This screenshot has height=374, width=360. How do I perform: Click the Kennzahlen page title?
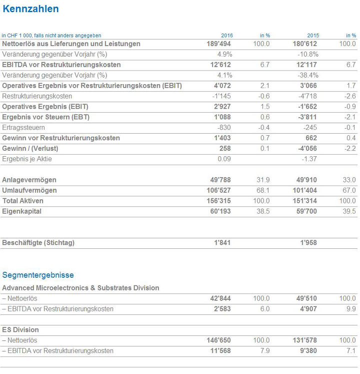coord(30,9)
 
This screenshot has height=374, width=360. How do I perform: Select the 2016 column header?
coord(227,36)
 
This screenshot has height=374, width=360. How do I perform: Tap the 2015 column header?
coord(313,36)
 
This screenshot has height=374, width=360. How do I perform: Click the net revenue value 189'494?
coord(219,44)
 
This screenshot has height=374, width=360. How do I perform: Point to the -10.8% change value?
coord(308,54)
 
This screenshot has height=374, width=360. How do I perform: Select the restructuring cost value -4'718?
coord(308,96)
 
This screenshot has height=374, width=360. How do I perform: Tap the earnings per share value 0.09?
coord(224,159)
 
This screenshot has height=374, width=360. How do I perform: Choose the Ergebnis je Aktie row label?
coord(27,159)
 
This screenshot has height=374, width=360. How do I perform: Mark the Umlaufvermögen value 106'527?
coord(217,191)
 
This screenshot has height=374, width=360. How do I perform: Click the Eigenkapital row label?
coord(21,211)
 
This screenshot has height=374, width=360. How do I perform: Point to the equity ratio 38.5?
coord(262,212)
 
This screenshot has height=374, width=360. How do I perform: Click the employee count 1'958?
coord(309,243)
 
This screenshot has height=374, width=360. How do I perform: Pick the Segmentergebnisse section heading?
coord(38,275)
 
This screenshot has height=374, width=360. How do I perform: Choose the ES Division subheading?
coord(20,330)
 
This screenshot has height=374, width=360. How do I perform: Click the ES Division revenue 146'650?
coord(218,340)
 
